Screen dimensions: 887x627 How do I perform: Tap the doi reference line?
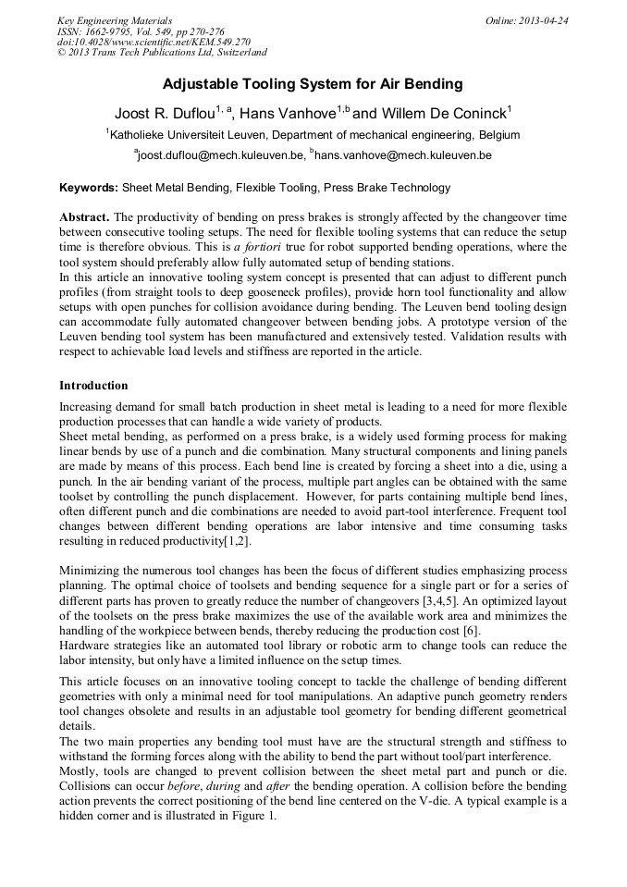click(154, 42)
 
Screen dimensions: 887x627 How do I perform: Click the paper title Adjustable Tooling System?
click(313, 84)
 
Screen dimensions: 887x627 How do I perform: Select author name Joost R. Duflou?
click(164, 114)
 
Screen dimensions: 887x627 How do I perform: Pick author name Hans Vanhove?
click(286, 114)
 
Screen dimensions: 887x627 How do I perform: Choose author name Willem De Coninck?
click(445, 114)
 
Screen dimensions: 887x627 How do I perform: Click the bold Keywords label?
click(89, 188)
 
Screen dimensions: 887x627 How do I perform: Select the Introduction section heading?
click(93, 385)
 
